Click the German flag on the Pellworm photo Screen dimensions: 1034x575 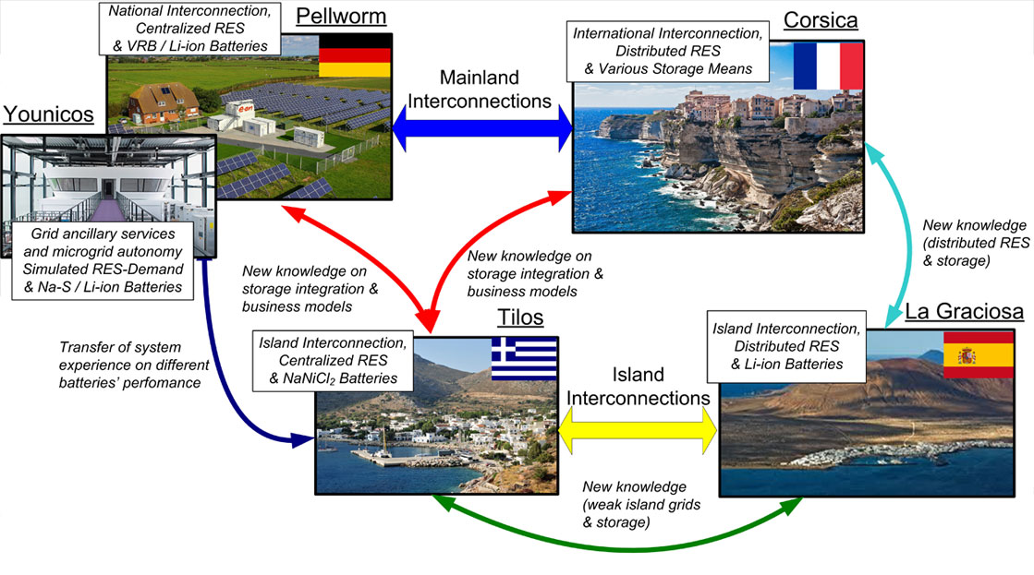[355, 56]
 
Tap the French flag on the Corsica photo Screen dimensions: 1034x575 [828, 66]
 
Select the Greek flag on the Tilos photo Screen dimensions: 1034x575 [524, 359]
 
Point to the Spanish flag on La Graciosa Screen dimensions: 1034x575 [979, 354]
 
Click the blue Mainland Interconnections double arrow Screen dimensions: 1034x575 [482, 128]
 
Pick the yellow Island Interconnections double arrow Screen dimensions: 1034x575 [638, 431]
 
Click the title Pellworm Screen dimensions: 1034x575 [341, 16]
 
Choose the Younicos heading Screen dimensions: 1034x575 [48, 114]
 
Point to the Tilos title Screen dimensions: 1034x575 [520, 317]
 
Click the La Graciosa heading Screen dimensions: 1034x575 [964, 311]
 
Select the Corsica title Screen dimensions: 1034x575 [821, 19]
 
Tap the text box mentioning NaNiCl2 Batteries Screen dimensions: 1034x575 [333, 361]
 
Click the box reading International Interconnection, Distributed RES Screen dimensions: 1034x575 [668, 52]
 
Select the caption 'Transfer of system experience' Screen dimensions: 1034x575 [134, 365]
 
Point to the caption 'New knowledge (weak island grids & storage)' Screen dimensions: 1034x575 [641, 505]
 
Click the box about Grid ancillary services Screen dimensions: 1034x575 [103, 260]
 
